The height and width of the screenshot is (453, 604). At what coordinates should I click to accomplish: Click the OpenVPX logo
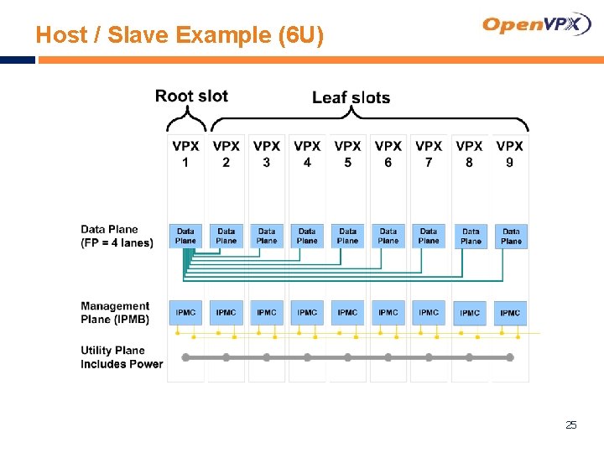(537, 24)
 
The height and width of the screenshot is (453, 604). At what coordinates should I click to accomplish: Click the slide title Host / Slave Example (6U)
(180, 35)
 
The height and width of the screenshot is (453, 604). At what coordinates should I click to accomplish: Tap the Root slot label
(191, 96)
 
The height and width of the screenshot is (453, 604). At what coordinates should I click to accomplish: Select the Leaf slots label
(351, 97)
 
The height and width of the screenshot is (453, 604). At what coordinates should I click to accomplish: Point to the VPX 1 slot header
(185, 154)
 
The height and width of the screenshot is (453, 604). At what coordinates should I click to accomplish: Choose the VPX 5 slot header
(347, 154)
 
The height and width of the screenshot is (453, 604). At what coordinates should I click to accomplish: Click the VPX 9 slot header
(509, 154)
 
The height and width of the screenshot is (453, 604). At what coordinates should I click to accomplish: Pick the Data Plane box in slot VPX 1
(185, 236)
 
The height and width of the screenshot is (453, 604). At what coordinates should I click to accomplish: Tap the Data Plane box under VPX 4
(307, 236)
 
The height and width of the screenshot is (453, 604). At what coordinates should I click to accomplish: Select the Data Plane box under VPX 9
(511, 236)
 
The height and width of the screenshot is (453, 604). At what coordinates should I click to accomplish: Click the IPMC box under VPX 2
(226, 313)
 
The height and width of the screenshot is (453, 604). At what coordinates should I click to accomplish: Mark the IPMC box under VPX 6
(388, 313)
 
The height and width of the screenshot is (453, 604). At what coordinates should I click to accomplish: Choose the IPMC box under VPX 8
(470, 313)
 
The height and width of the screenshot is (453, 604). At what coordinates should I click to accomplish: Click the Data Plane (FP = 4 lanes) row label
(117, 236)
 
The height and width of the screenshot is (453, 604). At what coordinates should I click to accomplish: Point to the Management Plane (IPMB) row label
(115, 312)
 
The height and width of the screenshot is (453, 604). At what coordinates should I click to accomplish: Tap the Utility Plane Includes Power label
(121, 357)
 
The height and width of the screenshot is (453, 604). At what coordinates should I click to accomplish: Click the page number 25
(570, 425)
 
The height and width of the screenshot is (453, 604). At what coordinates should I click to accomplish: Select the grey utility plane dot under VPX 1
(185, 357)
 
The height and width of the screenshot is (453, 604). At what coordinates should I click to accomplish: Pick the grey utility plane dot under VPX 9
(509, 357)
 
